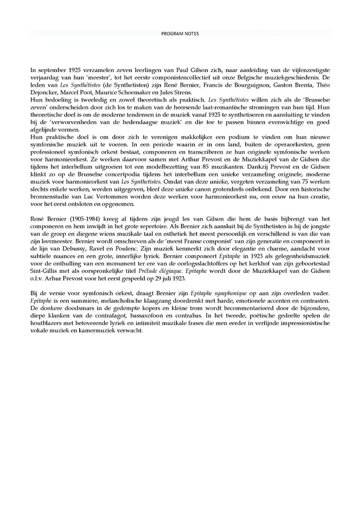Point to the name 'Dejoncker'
pos(46,93)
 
